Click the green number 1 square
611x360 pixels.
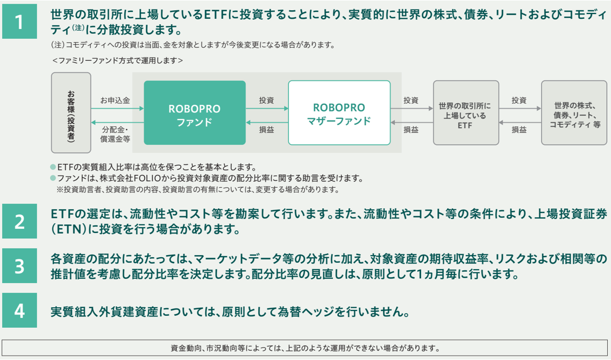tap(19, 22)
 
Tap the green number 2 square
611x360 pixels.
tap(19, 221)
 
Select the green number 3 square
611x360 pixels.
tap(19, 266)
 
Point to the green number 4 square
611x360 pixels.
tap(19, 310)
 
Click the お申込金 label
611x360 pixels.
tap(115, 101)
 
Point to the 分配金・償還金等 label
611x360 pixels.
tap(116, 134)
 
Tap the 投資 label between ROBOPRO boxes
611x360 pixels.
tap(266, 101)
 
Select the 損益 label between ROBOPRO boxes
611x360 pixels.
tap(266, 130)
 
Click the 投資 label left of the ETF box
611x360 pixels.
tap(411, 101)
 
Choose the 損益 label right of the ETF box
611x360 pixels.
tap(519, 130)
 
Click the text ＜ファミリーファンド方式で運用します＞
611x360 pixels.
tap(117, 61)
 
